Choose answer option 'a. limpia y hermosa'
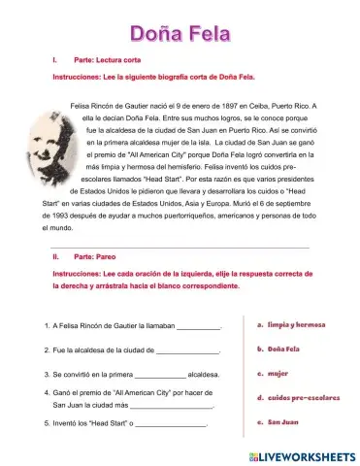coord(290,324)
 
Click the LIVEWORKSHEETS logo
coord(302,454)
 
